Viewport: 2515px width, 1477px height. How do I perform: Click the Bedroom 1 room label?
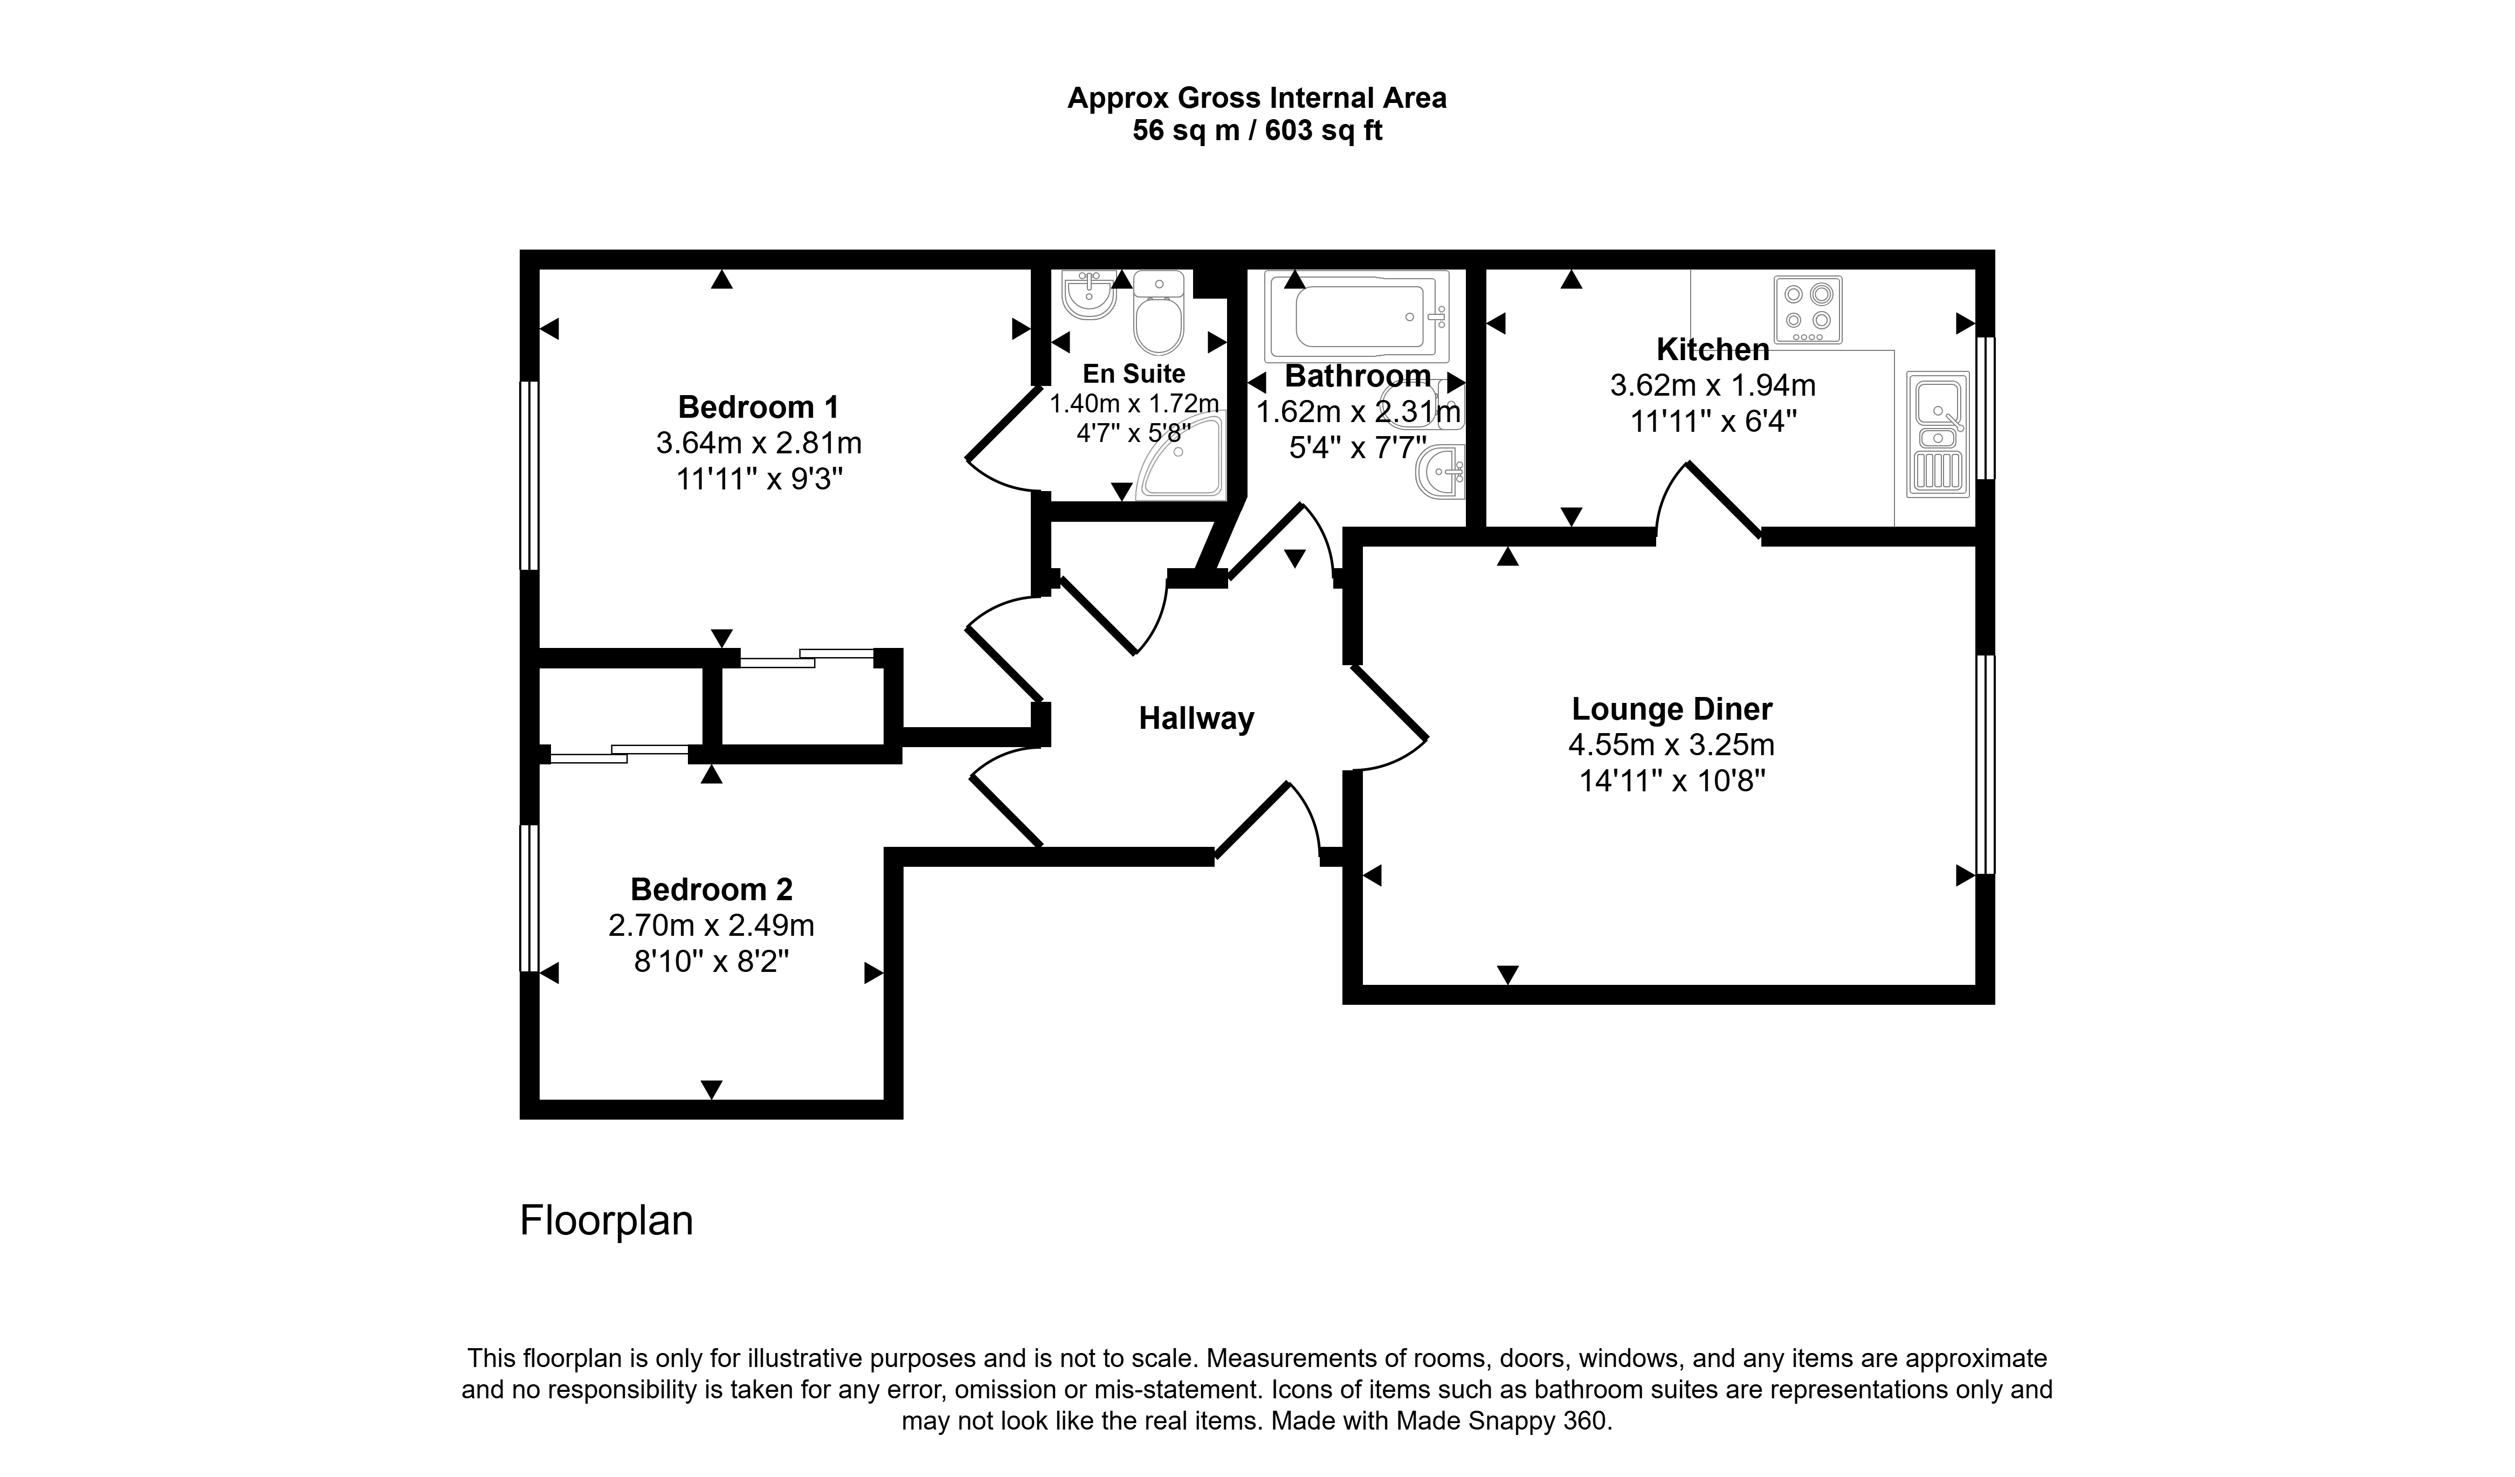pos(759,407)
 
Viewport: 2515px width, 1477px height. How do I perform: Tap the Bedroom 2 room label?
pos(712,889)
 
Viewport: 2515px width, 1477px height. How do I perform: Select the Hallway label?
pos(1197,719)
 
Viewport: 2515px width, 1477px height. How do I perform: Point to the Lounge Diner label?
pos(1672,709)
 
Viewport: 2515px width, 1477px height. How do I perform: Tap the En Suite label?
pos(1134,374)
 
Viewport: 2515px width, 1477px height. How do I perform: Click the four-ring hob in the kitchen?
pos(1808,310)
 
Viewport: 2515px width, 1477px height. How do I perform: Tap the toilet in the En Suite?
pos(1159,312)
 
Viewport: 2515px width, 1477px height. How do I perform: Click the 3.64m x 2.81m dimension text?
pos(759,443)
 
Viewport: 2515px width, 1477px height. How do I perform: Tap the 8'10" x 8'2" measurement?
pos(712,962)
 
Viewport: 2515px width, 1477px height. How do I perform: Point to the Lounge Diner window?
pos(1986,764)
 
